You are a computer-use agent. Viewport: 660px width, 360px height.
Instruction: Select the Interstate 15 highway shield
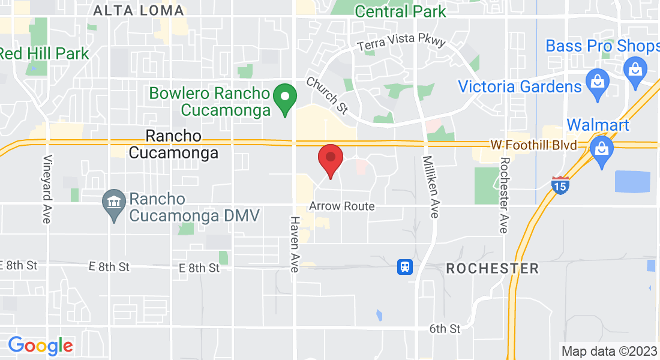click(561, 185)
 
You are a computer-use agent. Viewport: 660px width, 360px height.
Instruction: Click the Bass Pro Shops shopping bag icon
click(635, 68)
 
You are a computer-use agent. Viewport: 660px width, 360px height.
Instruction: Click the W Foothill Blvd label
click(533, 145)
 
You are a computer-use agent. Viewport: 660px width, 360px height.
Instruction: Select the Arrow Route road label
click(342, 206)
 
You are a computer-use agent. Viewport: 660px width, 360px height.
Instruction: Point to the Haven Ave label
click(294, 244)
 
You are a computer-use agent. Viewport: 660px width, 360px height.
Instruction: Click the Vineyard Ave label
click(47, 190)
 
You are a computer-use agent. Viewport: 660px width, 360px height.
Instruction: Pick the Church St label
click(327, 95)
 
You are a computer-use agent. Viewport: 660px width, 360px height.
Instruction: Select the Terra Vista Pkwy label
click(401, 44)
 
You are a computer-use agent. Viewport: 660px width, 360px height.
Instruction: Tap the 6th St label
click(445, 329)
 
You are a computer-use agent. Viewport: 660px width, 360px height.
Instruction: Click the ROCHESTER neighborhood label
click(492, 268)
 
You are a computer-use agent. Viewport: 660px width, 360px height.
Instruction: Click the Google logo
click(40, 346)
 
